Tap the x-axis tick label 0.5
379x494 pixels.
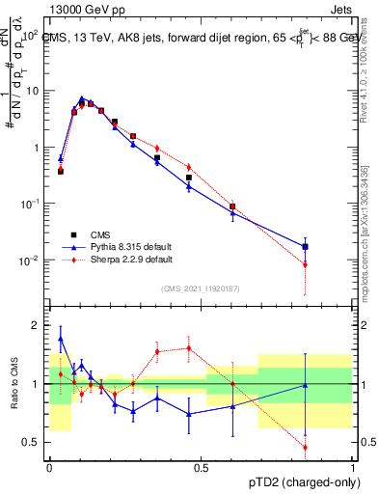click(201, 467)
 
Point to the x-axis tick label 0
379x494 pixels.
click(49, 467)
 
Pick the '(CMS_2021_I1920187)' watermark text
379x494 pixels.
click(201, 288)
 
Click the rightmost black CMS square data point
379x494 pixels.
click(305, 247)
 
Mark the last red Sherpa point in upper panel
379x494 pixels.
click(305, 264)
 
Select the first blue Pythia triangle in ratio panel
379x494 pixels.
click(61, 339)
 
